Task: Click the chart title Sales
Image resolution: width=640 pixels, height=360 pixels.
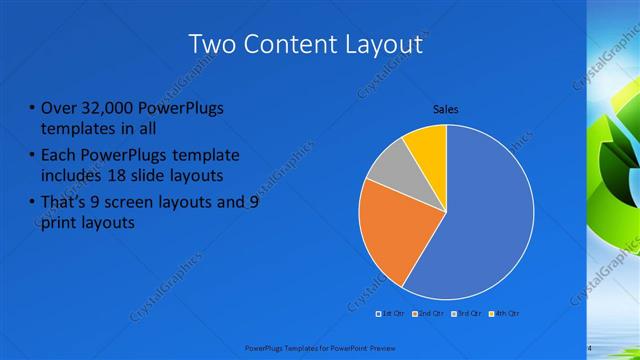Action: pyautogui.click(x=446, y=109)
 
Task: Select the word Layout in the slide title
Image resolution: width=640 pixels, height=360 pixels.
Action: pyautogui.click(x=385, y=45)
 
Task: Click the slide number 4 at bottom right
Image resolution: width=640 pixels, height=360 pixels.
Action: pyautogui.click(x=589, y=347)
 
